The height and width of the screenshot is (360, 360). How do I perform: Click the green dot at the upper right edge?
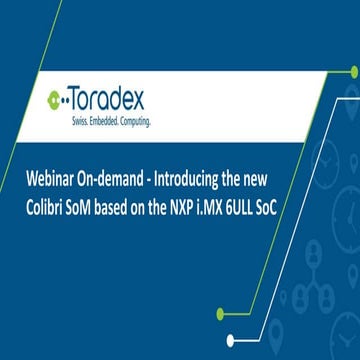click(354, 71)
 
